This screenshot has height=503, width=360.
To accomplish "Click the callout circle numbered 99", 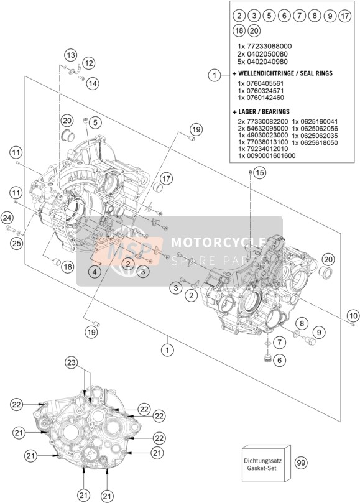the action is (x=301, y=462).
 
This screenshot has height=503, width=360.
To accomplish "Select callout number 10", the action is (x=353, y=316).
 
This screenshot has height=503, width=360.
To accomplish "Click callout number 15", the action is (x=260, y=173).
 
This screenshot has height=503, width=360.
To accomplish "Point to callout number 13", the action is (x=71, y=55).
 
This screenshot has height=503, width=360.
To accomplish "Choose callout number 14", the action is (x=93, y=84).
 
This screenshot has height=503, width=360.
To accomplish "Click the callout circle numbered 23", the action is (x=72, y=363).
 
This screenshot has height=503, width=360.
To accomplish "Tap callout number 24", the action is (x=7, y=218).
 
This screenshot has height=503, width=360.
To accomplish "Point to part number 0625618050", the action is (x=315, y=142).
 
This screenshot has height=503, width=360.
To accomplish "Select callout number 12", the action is (x=88, y=63).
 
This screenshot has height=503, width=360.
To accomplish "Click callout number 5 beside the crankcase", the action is (x=95, y=122).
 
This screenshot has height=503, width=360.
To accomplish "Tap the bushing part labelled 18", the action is (x=57, y=262).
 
